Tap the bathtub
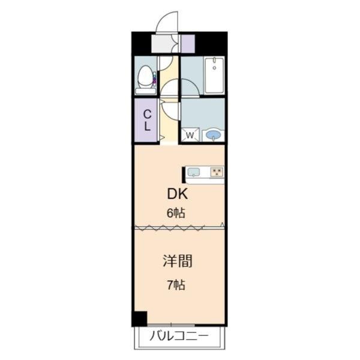click(x=214, y=75)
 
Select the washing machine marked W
click(x=190, y=135)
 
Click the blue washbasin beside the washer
click(x=213, y=135)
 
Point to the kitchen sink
click(x=194, y=172)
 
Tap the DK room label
click(x=178, y=194)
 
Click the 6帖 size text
click(x=176, y=213)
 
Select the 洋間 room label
click(x=178, y=261)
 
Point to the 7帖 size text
click(x=176, y=285)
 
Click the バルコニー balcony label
click(x=179, y=337)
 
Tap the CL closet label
click(x=147, y=121)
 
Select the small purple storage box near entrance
click(x=188, y=44)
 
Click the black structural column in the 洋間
click(x=139, y=318)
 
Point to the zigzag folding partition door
click(x=169, y=227)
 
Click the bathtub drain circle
click(x=214, y=68)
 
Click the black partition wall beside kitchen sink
click(x=184, y=175)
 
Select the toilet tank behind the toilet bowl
click(x=146, y=91)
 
